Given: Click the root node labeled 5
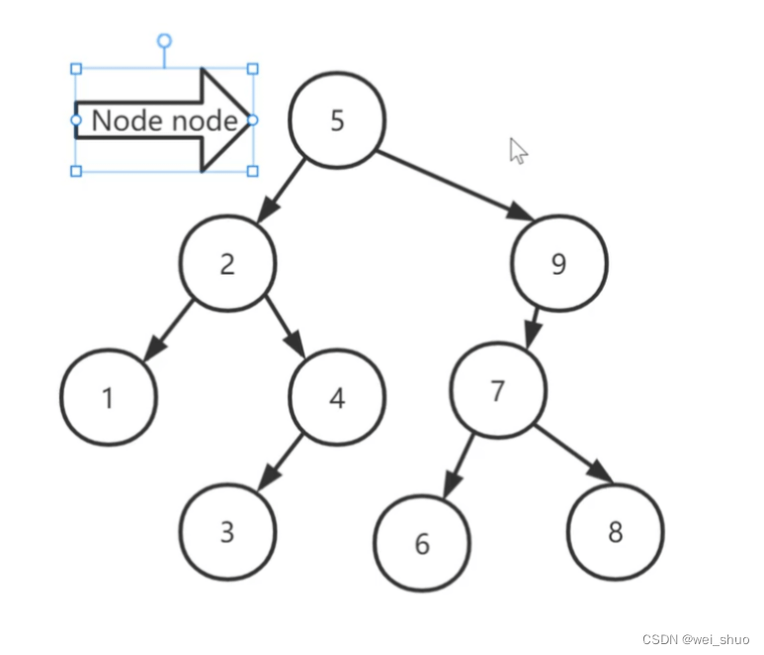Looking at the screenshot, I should click(336, 121).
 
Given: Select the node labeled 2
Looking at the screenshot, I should click(227, 264).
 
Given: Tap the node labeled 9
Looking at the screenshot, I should click(559, 265).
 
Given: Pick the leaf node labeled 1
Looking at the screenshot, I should click(108, 397).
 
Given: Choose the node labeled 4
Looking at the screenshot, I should click(336, 397).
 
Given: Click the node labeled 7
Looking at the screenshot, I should click(498, 390).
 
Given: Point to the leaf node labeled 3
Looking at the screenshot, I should click(227, 532).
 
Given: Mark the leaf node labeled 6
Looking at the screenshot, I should click(422, 543).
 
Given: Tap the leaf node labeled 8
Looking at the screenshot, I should click(615, 532).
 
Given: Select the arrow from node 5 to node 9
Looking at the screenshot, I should click(450, 183).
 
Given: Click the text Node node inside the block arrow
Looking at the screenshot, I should click(164, 121).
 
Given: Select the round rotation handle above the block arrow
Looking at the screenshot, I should click(165, 41).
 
